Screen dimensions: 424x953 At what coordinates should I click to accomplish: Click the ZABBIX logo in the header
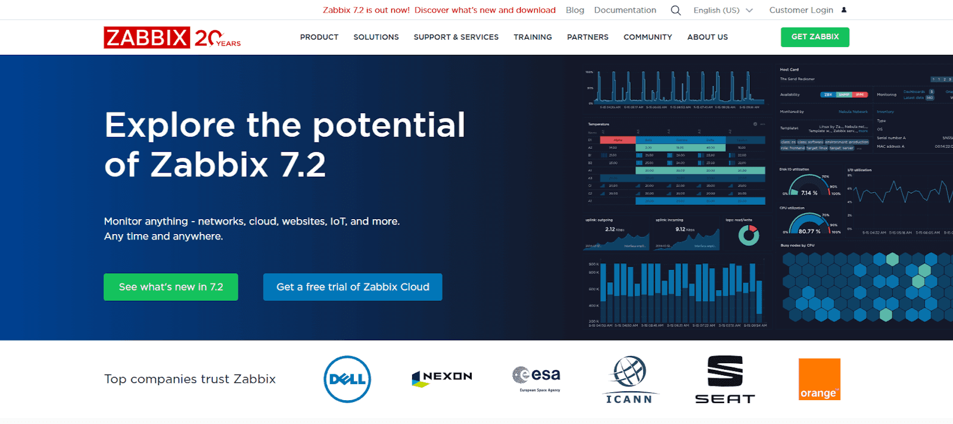[147, 38]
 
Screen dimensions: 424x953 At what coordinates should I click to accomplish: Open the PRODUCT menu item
[319, 37]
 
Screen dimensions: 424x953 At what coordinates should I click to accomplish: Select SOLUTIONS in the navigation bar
[376, 37]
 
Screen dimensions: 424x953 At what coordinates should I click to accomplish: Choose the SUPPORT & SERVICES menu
[456, 37]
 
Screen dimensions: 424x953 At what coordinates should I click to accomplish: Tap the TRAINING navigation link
[532, 37]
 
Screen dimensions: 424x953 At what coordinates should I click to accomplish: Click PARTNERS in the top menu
[587, 37]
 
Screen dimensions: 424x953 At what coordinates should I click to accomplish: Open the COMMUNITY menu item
[647, 37]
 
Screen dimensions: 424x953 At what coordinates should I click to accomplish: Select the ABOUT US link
[708, 37]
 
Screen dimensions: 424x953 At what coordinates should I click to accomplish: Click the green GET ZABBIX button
[815, 37]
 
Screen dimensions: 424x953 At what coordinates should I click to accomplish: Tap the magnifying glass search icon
[675, 10]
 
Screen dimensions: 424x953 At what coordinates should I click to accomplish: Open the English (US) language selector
[722, 10]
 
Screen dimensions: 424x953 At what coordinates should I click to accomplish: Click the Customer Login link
[801, 10]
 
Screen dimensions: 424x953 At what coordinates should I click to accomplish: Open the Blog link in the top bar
[575, 10]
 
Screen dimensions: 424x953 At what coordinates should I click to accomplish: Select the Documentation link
[625, 10]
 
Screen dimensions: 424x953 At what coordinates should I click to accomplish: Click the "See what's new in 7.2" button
[171, 287]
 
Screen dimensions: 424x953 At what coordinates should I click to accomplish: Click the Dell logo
[347, 379]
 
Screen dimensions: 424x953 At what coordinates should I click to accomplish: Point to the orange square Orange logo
[819, 379]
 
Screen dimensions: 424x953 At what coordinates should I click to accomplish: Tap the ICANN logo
[629, 380]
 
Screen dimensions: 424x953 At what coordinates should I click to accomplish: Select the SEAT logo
[725, 380]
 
